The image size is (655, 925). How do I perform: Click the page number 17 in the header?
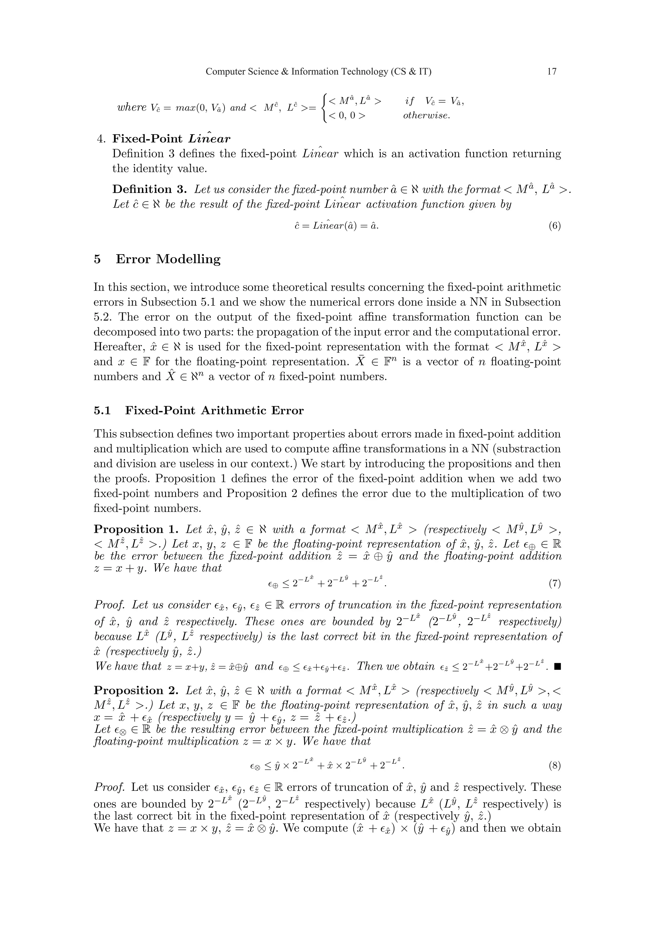click(552, 72)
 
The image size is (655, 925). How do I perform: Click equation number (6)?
click(555, 226)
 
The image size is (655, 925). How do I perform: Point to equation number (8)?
click(555, 766)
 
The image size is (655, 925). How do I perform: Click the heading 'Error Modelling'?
click(168, 259)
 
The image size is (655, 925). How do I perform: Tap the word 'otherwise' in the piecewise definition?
click(426, 116)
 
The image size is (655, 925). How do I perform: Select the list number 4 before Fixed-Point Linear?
click(101, 139)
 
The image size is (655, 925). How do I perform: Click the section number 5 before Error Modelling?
click(97, 259)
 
